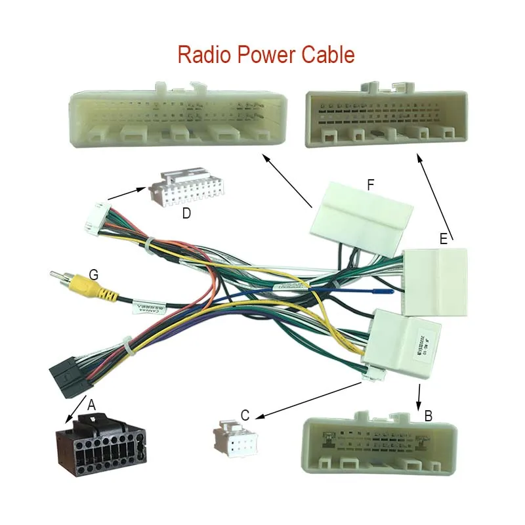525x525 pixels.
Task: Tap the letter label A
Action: click(x=92, y=406)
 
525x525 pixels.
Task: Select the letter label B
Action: click(x=428, y=415)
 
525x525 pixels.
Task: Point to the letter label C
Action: click(x=245, y=415)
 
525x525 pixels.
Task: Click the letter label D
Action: click(x=186, y=213)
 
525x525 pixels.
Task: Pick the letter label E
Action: click(x=444, y=240)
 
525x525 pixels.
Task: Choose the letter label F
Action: click(x=371, y=186)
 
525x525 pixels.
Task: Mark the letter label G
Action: click(x=94, y=275)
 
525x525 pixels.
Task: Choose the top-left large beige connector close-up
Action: click(x=177, y=116)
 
